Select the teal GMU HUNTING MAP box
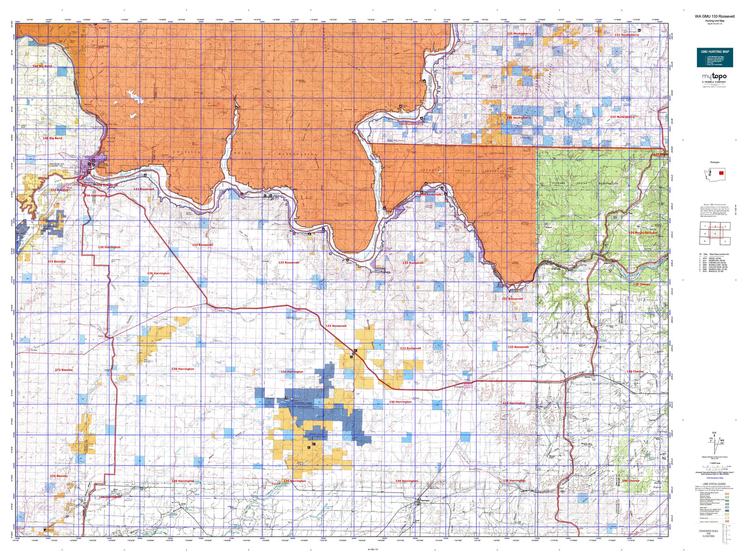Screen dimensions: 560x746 [x=715, y=57]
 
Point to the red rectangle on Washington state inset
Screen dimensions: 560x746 [x=721, y=174]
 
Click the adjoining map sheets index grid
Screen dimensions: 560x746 [x=713, y=233]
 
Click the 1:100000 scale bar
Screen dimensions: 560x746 [x=715, y=465]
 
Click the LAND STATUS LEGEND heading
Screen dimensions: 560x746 [x=715, y=484]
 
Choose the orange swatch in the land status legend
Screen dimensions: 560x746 [x=726, y=521]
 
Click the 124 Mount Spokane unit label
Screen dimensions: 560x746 [x=643, y=232]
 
